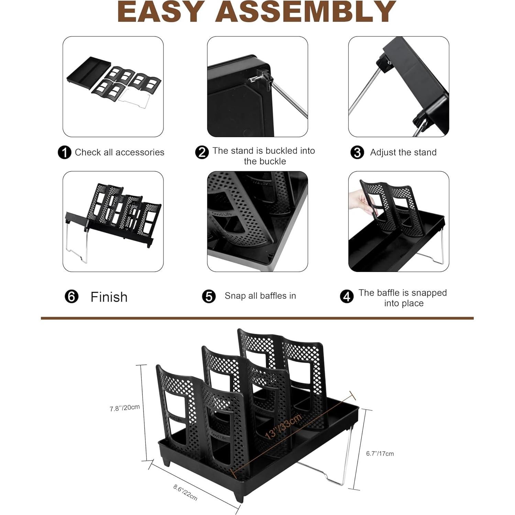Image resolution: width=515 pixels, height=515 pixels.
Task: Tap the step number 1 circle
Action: coord(64,152)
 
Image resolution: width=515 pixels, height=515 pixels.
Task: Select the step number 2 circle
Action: coord(202,152)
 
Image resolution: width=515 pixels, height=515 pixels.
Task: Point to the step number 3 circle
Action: coord(357,152)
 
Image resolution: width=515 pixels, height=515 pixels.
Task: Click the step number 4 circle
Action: coord(347,296)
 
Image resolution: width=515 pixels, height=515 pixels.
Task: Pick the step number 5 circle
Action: coord(209,296)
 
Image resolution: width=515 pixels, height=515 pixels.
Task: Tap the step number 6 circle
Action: coord(72,296)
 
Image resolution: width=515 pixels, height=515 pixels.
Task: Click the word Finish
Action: coord(109,297)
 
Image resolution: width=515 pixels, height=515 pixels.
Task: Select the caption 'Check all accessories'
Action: coord(119,152)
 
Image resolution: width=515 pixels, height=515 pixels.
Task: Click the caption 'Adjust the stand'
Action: coord(403,152)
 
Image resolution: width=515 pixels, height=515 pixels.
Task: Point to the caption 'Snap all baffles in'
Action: coord(260,296)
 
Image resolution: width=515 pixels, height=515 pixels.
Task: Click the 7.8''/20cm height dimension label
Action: coord(124,408)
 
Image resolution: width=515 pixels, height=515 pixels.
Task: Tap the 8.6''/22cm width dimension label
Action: coord(185,492)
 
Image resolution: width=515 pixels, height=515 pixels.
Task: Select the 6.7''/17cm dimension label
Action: coord(380,454)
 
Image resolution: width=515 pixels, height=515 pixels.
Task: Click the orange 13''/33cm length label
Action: coord(283,426)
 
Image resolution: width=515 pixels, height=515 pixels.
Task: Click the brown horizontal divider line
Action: coord(257,318)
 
